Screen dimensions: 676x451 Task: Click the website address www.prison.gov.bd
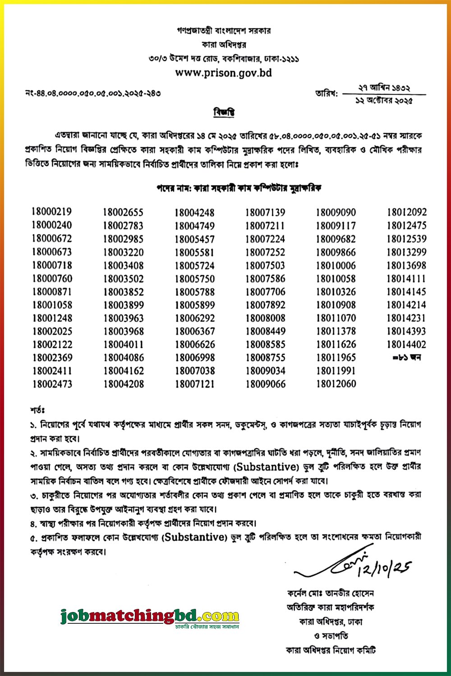(223, 73)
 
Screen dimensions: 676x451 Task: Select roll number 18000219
(52, 212)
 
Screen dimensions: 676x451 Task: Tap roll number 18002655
(123, 212)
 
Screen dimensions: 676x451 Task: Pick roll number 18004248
(194, 213)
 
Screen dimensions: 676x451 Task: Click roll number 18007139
(265, 213)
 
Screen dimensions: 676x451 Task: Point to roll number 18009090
(336, 213)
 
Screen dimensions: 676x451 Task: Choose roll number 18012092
(406, 213)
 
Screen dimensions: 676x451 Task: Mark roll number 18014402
(406, 345)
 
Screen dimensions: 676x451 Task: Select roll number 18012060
(336, 384)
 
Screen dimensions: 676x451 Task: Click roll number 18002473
(52, 384)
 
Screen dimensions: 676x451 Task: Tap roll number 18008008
(265, 318)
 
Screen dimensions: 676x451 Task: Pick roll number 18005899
(194, 305)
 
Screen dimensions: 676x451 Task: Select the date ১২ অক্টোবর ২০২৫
(384, 101)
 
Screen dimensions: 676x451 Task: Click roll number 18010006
(336, 266)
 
